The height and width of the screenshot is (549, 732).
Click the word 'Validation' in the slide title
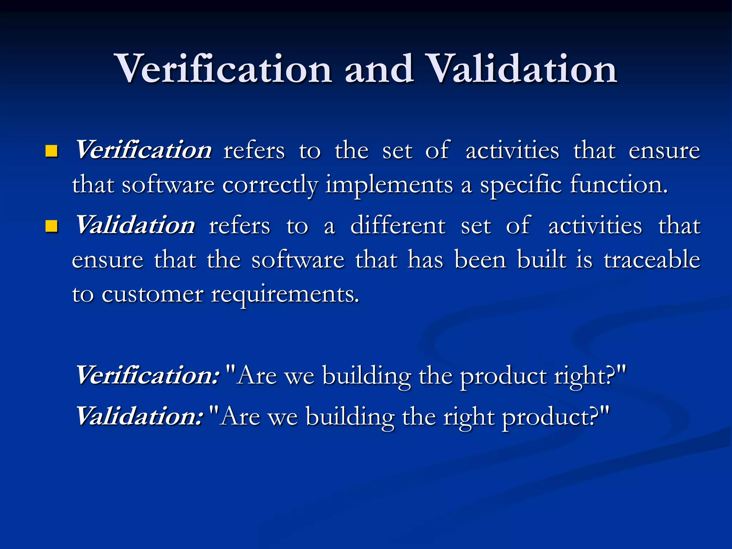point(522,69)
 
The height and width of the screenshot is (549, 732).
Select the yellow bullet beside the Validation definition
point(52,226)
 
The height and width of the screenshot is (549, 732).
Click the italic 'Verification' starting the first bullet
point(143,150)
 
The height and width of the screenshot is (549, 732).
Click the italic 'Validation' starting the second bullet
point(135,225)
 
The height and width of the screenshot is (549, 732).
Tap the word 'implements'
point(389,185)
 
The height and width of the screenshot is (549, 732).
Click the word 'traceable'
point(652,259)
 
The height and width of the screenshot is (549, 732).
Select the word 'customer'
point(152,295)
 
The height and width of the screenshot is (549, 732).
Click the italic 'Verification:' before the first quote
point(147,375)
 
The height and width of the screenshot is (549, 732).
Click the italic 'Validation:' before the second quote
point(139,416)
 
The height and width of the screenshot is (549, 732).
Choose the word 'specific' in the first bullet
point(520,185)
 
